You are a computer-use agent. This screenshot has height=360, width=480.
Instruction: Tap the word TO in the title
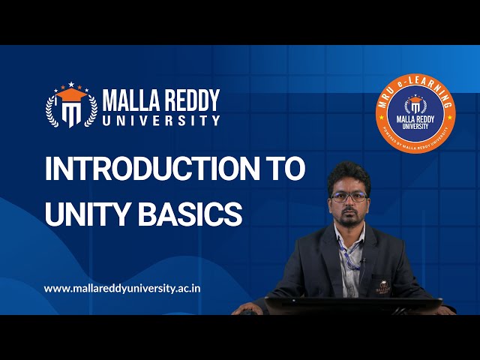click(286, 169)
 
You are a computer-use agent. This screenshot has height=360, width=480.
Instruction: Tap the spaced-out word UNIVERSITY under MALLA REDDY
click(161, 120)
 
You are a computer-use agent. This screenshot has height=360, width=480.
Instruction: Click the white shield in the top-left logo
click(71, 113)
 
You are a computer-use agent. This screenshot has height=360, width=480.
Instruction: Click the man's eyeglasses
click(349, 197)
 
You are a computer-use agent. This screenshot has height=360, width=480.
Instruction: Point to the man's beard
click(349, 218)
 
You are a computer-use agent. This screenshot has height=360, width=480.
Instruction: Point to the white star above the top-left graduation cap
click(71, 82)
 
